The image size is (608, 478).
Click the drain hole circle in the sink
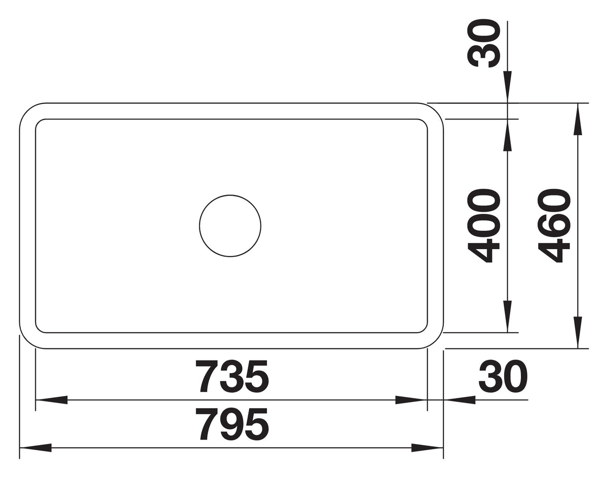[199, 226]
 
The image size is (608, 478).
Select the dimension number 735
[233, 376]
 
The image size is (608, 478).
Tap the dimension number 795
[232, 424]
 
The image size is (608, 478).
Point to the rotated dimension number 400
[484, 226]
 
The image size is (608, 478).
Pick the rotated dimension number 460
[554, 226]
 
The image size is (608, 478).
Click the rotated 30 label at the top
[484, 43]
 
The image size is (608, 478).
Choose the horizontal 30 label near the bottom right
[503, 376]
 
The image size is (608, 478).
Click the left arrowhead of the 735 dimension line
[51, 400]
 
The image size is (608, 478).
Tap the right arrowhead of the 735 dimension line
[411, 400]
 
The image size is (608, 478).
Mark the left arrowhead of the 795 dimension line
[35, 448]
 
